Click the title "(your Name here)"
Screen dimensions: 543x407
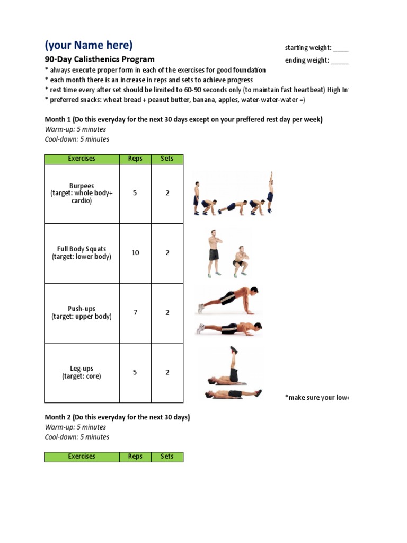pyautogui.click(x=89, y=45)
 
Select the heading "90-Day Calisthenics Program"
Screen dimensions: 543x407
pyautogui.click(x=99, y=59)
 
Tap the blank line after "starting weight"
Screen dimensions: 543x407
pyautogui.click(x=341, y=48)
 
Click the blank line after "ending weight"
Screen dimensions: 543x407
pyautogui.click(x=340, y=60)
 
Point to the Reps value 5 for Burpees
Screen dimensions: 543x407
pyautogui.click(x=135, y=193)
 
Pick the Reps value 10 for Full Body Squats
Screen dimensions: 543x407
pyautogui.click(x=135, y=253)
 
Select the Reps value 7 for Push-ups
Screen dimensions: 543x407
pyautogui.click(x=135, y=312)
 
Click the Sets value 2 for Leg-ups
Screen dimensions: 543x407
pyautogui.click(x=167, y=372)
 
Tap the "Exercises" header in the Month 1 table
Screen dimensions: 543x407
pyautogui.click(x=82, y=159)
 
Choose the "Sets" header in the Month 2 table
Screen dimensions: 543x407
pyautogui.click(x=167, y=457)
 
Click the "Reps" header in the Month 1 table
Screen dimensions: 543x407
pyautogui.click(x=135, y=159)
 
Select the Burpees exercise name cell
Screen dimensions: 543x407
pyautogui.click(x=82, y=194)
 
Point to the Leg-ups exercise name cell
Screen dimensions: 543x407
pyautogui.click(x=82, y=372)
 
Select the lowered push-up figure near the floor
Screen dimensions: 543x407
pyautogui.click(x=229, y=328)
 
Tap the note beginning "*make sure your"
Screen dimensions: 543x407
pyautogui.click(x=316, y=397)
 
